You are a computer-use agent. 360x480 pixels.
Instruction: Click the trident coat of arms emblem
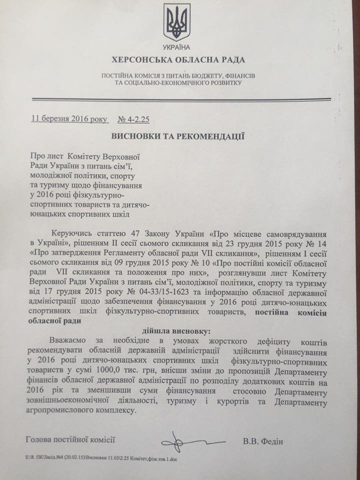(176, 22)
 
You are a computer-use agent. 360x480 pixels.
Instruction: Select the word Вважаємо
(71, 342)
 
